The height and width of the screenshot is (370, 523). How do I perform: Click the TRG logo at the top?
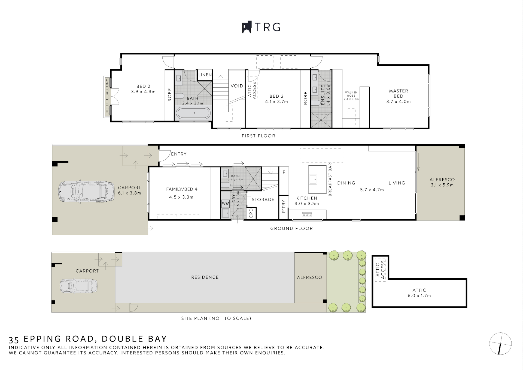[x=261, y=27]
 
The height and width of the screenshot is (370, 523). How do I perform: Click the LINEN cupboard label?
[x=205, y=75]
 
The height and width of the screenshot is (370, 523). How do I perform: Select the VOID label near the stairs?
[x=237, y=86]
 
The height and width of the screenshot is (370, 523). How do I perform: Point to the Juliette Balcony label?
[x=107, y=96]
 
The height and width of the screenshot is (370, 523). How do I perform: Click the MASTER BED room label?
[x=398, y=93]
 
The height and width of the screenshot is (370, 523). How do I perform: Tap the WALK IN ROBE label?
[x=351, y=94]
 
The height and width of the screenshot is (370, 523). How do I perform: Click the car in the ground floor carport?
[x=86, y=191]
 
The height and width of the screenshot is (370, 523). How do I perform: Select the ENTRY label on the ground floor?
[x=179, y=154]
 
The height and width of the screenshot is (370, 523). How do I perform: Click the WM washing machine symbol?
[x=226, y=204]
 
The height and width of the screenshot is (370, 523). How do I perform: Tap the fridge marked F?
[x=284, y=172]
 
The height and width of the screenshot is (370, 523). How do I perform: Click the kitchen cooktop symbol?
[x=307, y=214]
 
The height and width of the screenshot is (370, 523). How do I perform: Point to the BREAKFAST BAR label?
[x=330, y=180]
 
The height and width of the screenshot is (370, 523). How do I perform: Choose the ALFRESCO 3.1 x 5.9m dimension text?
[x=442, y=185]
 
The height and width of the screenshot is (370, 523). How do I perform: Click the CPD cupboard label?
[x=251, y=213]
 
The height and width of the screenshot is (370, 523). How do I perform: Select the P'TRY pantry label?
[x=284, y=206]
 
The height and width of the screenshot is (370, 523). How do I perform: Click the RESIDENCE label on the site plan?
[x=205, y=277]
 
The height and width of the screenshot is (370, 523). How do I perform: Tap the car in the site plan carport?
[x=78, y=286]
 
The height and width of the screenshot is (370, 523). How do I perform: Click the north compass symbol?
[x=500, y=344]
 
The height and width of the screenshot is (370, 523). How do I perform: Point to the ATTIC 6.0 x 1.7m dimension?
[x=419, y=296]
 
